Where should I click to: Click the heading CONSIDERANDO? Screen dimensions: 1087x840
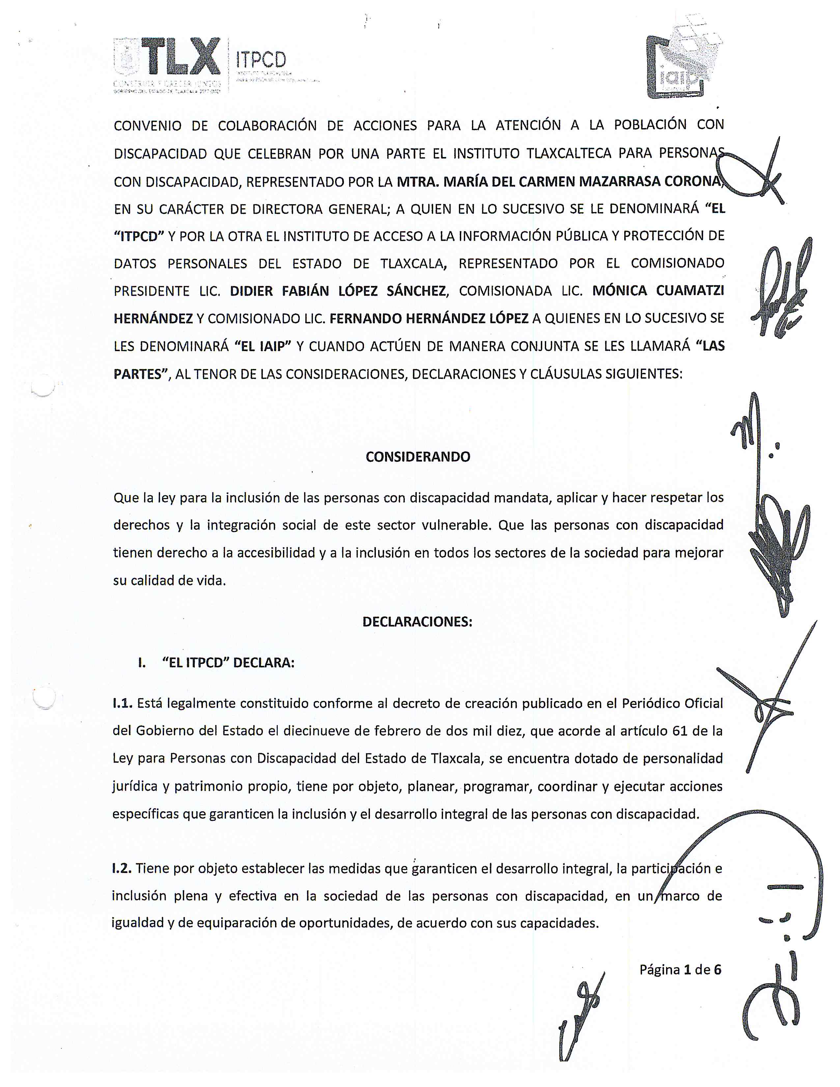tap(417, 457)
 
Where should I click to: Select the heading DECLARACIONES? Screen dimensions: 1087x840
tap(417, 622)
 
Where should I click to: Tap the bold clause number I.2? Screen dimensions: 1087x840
tap(122, 869)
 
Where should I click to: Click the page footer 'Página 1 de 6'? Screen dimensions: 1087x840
tap(680, 969)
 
